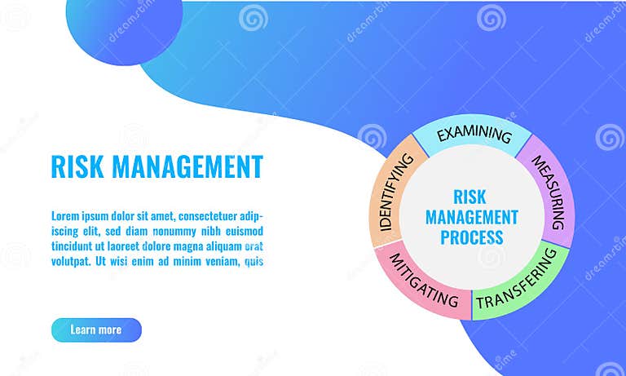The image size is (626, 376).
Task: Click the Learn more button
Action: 96,330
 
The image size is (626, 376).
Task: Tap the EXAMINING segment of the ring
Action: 474,135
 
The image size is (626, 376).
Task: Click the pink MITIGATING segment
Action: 424,281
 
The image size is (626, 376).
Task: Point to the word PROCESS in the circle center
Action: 472,238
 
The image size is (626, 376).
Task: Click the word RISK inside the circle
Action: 469,197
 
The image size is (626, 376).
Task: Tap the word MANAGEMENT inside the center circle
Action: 472,217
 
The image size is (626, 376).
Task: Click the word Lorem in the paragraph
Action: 67,216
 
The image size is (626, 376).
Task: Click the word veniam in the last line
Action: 215,262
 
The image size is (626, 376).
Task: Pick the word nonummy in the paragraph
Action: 165,231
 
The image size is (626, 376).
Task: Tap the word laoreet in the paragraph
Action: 124,246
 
